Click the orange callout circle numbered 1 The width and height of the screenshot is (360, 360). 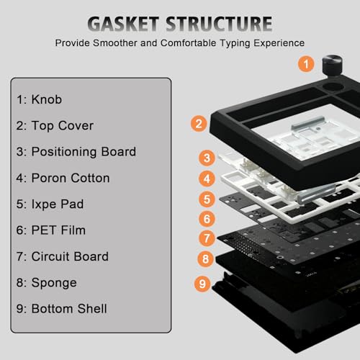[x=306, y=64]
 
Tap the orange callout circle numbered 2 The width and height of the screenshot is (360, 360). [x=199, y=124]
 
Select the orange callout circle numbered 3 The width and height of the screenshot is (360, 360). [x=207, y=158]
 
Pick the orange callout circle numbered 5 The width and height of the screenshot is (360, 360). [x=207, y=199]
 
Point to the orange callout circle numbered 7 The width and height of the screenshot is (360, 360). [x=207, y=238]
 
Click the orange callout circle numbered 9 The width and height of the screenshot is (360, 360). [x=202, y=284]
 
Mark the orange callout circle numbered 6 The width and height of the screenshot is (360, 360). [x=207, y=219]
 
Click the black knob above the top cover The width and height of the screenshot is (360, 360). [x=332, y=65]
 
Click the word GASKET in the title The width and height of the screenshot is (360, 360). [x=123, y=24]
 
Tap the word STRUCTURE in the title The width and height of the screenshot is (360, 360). [x=219, y=24]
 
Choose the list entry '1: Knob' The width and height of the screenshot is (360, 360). [x=39, y=99]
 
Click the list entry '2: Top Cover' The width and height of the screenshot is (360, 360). [x=55, y=126]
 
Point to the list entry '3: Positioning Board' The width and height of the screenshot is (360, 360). [x=76, y=152]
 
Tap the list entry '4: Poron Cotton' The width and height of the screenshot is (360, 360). [x=63, y=178]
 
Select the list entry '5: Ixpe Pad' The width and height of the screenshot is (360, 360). [x=50, y=204]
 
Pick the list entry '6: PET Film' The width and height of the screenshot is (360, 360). [x=50, y=230]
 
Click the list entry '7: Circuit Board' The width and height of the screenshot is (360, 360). [x=63, y=256]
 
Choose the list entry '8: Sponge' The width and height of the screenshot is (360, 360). [x=46, y=283]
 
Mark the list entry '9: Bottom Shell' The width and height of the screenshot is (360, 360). [x=61, y=309]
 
